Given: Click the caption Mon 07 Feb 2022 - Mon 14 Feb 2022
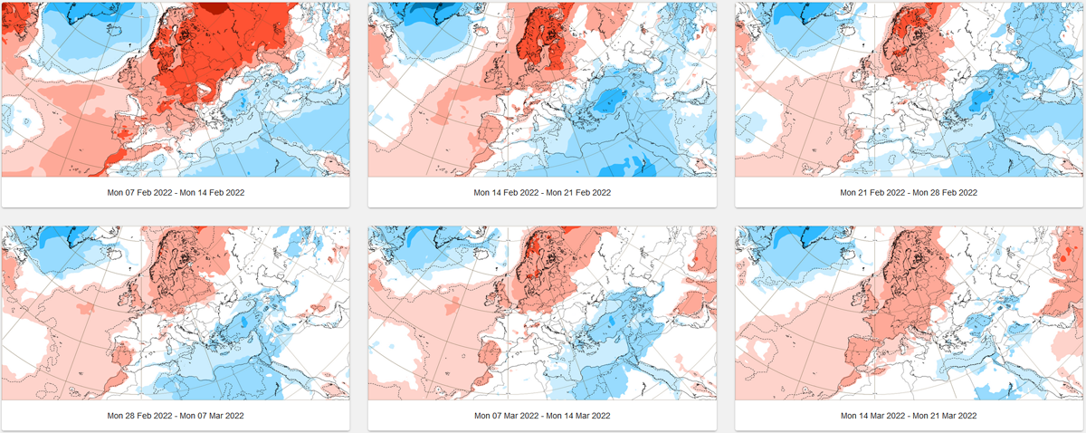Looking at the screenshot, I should coord(176,193).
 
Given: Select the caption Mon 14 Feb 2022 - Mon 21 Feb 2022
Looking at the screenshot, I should coord(542,193).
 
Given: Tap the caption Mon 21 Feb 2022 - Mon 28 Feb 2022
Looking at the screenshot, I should coord(909,193).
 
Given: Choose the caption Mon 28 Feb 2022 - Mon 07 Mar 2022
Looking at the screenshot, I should coord(176,415).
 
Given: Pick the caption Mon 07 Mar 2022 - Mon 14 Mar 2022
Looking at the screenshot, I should coord(542,415).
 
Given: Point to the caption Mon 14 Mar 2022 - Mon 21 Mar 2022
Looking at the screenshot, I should coord(909,415).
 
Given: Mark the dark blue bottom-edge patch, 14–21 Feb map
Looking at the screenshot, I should coord(633,167).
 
